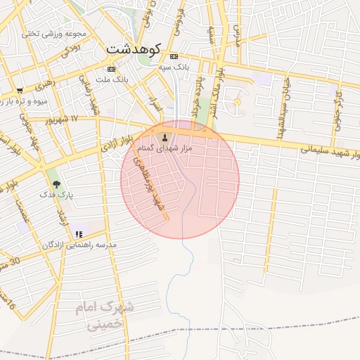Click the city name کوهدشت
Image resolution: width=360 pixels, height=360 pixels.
[x=133, y=50]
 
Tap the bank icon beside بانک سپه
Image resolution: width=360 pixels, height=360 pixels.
[x=174, y=56]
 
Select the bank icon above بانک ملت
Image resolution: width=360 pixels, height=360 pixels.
[x=111, y=69]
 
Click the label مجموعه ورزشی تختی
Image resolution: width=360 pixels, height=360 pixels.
[x=53, y=33]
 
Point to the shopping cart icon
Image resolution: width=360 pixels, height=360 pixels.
[x=20, y=91]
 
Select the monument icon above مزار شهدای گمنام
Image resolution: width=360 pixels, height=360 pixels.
[x=165, y=137]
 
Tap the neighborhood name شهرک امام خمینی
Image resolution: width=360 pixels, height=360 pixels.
[x=105, y=316]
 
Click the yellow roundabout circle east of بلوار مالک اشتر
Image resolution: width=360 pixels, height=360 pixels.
[x=237, y=103]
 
